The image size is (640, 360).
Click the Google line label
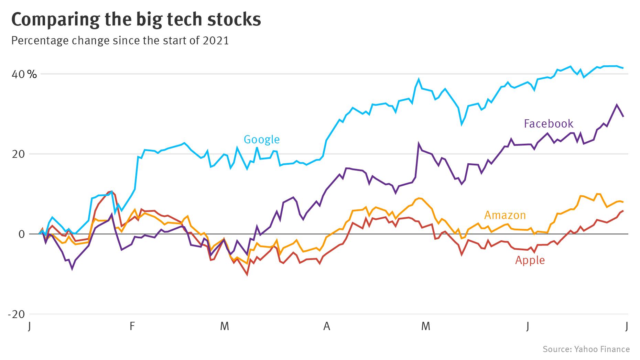261,139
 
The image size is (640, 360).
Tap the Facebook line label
548,123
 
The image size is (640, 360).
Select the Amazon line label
505,215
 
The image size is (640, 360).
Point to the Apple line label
530,260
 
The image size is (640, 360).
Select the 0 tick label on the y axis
22,234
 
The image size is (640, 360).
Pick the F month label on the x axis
132,326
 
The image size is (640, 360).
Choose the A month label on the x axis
326,326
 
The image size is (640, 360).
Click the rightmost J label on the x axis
627,326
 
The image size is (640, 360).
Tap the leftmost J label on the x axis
30,326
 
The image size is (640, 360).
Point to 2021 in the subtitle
216,41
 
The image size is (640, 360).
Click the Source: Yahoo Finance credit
586,349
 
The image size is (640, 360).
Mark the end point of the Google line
623,68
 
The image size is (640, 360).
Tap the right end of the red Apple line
623,211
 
